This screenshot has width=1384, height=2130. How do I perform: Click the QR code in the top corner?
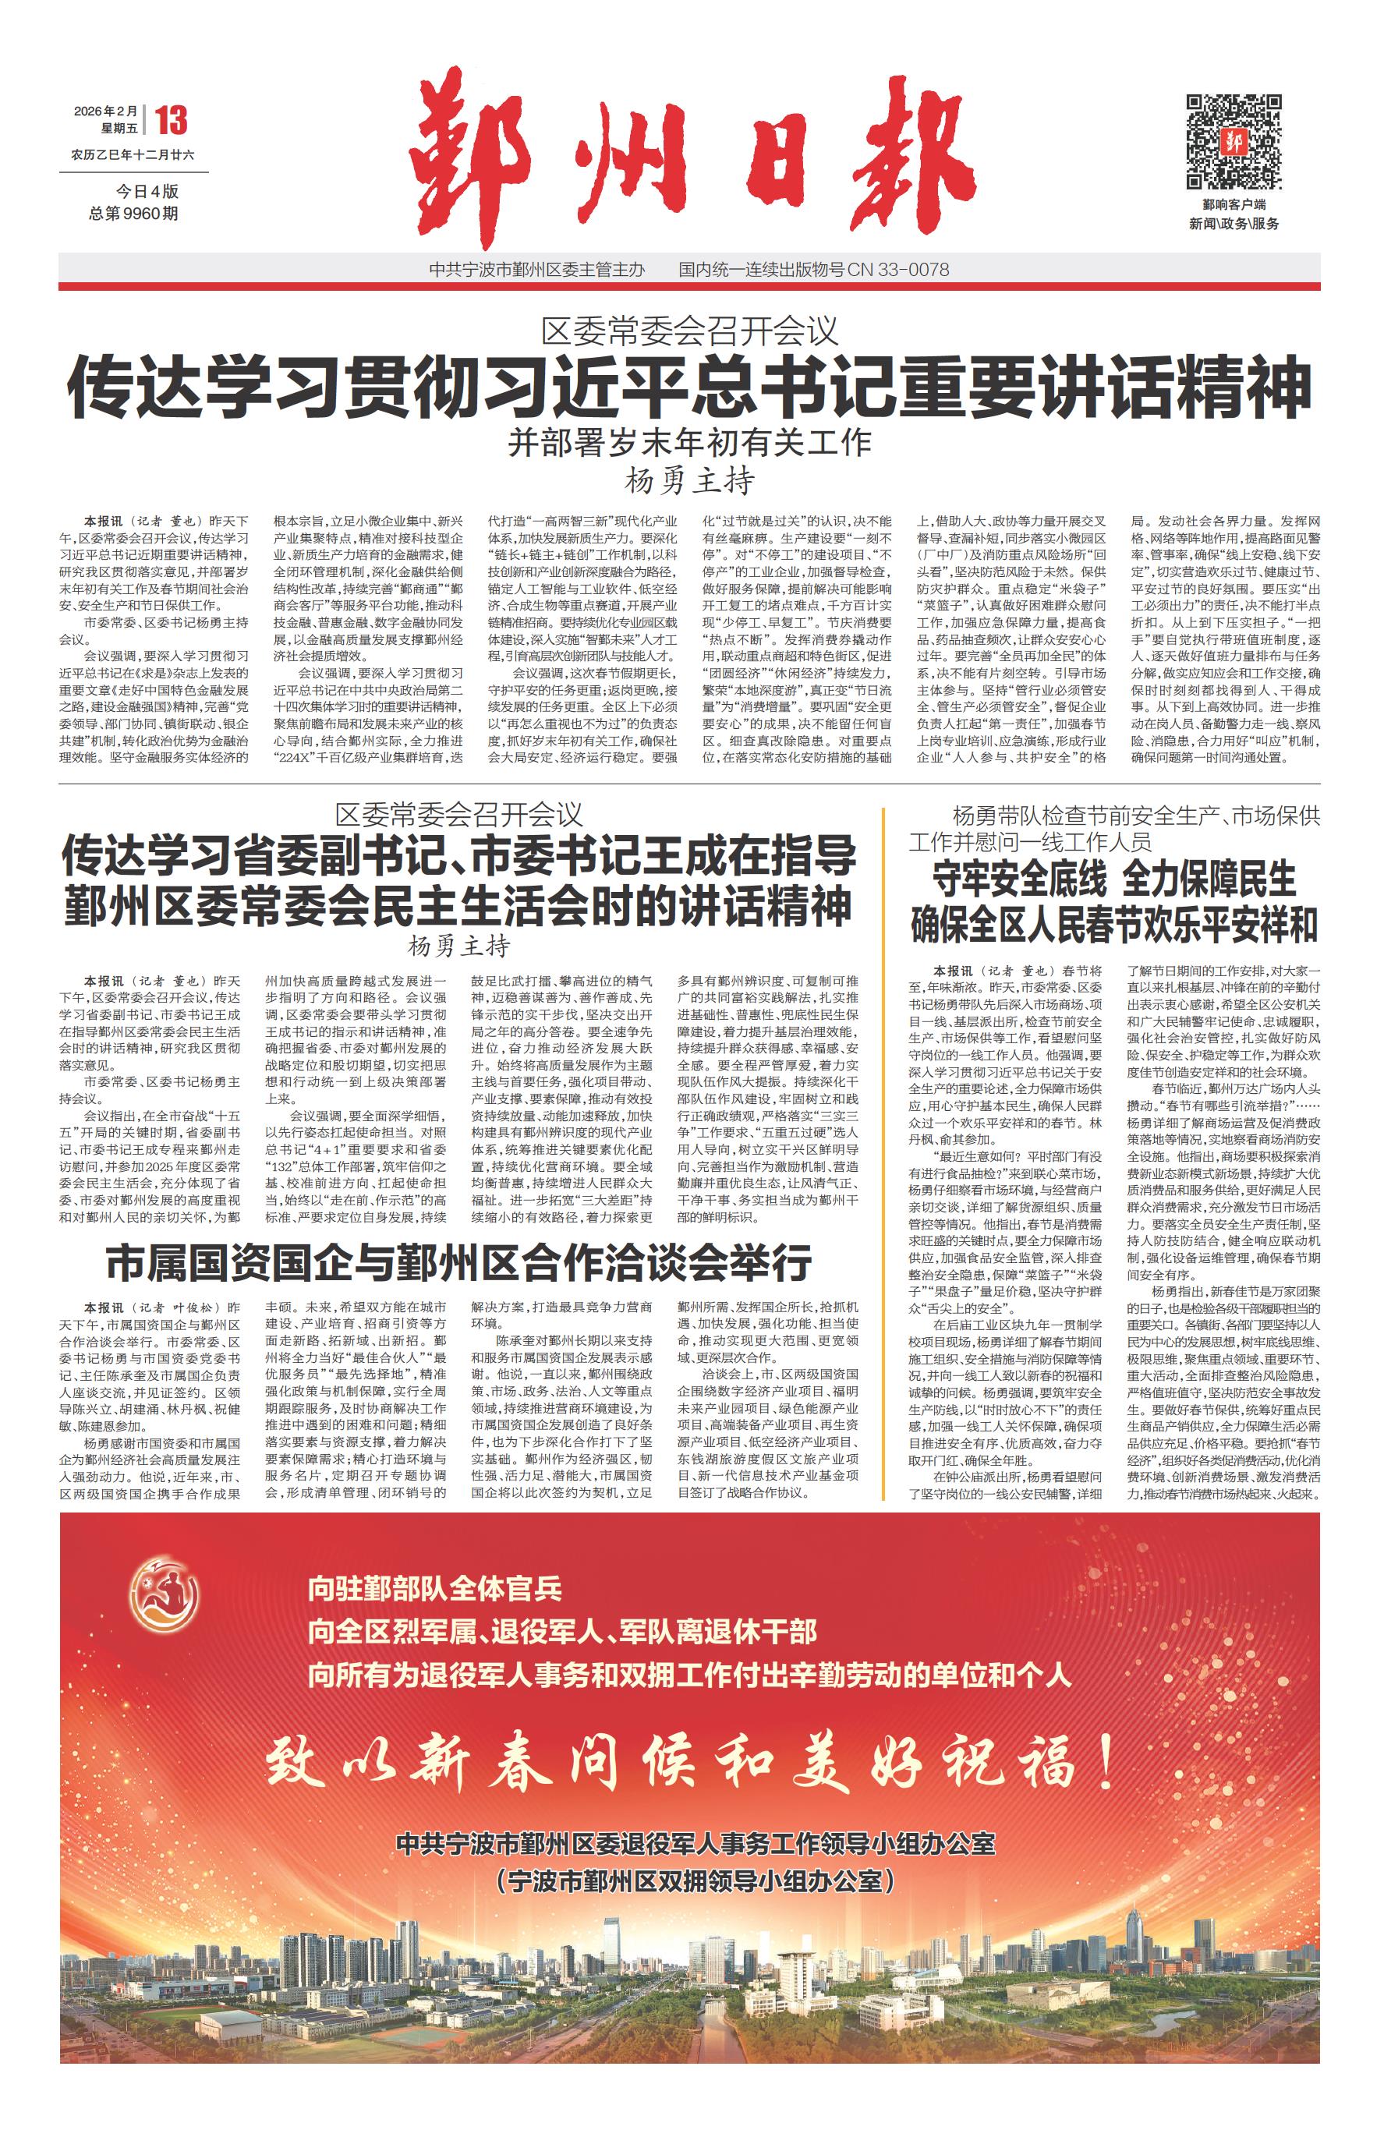pos(1234,140)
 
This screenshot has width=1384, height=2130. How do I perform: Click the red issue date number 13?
pos(170,120)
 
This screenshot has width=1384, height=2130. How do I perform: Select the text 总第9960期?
pos(133,214)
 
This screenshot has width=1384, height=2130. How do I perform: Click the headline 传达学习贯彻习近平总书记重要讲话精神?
pos(690,386)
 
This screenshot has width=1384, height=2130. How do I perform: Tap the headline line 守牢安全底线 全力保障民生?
pos(1113,879)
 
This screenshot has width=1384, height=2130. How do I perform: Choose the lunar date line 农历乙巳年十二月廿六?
pos(133,154)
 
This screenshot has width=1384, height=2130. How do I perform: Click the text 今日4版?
pos(147,192)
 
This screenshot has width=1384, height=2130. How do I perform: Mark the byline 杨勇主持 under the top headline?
pos(689,482)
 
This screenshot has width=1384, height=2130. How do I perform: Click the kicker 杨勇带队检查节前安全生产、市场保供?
pos(1135,816)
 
